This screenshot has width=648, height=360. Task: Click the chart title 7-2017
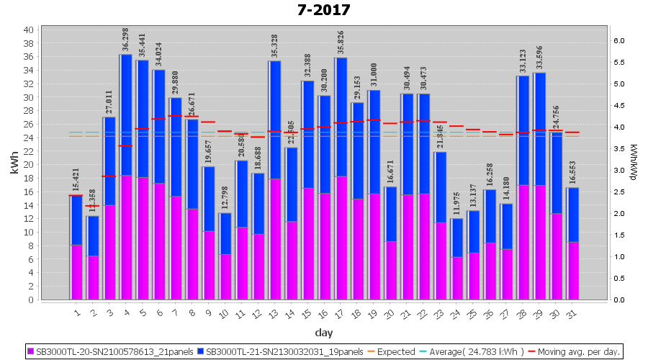pos(323,10)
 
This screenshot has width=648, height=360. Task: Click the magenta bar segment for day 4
pos(125,238)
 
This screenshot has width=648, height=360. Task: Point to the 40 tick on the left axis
pos(28,30)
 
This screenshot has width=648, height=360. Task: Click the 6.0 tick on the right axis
pos(621,41)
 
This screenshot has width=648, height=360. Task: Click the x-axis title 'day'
pos(323,332)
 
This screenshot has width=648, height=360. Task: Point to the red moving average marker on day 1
pos(76,195)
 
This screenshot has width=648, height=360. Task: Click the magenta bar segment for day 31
pos(572,271)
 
